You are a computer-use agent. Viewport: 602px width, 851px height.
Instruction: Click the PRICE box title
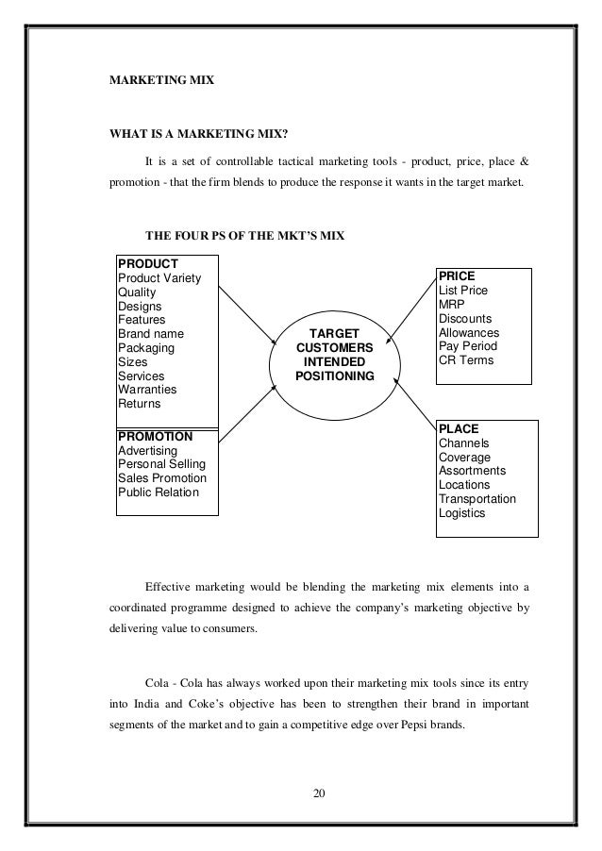pyautogui.click(x=457, y=276)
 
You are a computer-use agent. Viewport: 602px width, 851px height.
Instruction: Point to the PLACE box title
pyautogui.click(x=459, y=429)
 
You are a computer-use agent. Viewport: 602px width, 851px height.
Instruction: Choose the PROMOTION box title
pyautogui.click(x=156, y=438)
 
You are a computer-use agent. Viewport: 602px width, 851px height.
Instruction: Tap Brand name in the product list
pyautogui.click(x=151, y=334)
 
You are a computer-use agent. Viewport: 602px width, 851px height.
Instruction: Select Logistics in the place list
pyautogui.click(x=461, y=513)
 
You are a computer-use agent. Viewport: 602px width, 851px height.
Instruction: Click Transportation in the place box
pyautogui.click(x=477, y=499)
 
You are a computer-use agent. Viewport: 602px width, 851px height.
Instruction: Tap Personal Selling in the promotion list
pyautogui.click(x=162, y=465)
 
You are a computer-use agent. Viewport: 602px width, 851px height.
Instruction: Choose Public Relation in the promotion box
pyautogui.click(x=159, y=492)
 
